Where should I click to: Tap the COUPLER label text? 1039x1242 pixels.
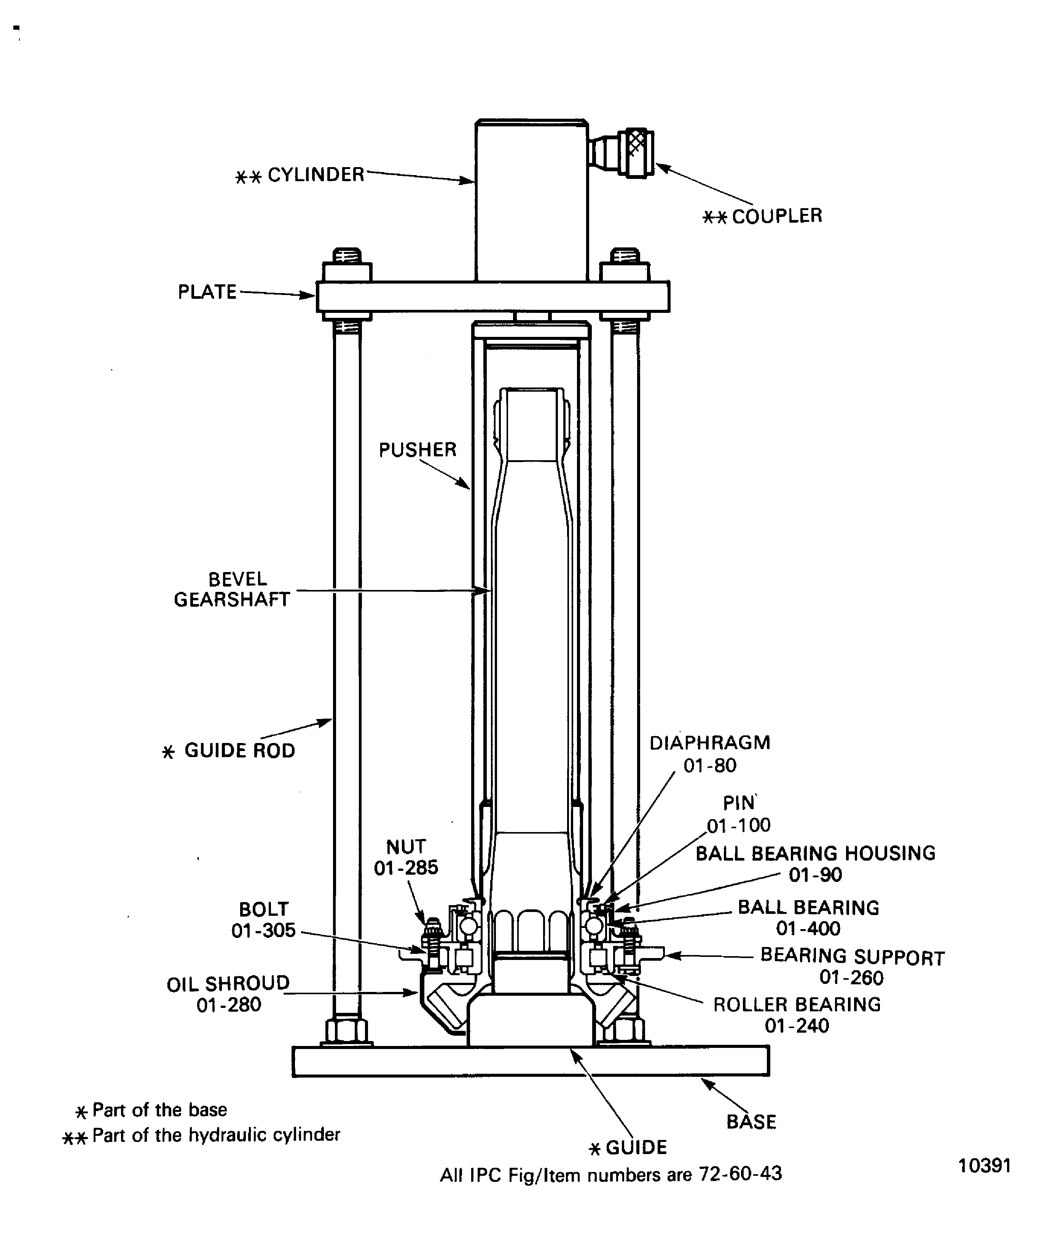pyautogui.click(x=776, y=217)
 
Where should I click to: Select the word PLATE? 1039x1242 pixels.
pyautogui.click(x=207, y=292)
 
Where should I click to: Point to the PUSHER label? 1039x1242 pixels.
pyautogui.click(x=418, y=450)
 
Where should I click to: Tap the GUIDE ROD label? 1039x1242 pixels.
pyautogui.click(x=239, y=751)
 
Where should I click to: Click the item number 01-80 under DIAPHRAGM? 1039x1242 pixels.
pyautogui.click(x=710, y=766)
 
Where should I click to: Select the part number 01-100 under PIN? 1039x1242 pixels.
pyautogui.click(x=739, y=826)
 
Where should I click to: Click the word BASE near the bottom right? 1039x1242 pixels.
pyautogui.click(x=751, y=1122)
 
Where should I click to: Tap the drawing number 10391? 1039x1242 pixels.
pyautogui.click(x=984, y=1166)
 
